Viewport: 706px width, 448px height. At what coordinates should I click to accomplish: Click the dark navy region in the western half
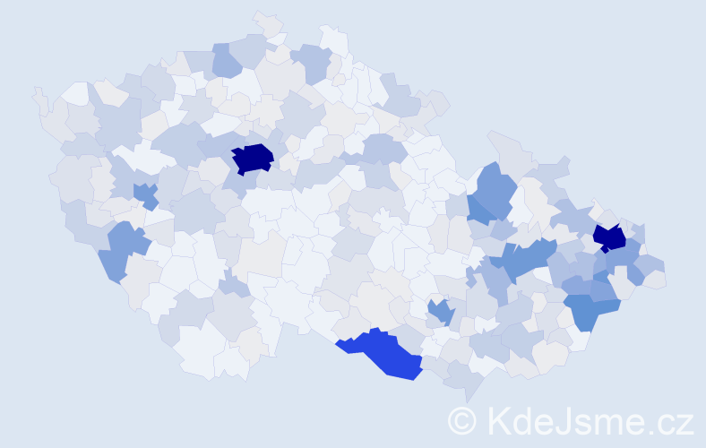click(x=253, y=158)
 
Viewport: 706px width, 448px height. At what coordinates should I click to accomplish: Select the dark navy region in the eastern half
click(x=610, y=238)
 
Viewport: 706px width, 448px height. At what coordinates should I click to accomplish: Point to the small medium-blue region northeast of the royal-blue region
click(x=439, y=312)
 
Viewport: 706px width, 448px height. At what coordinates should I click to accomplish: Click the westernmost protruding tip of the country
click(x=37, y=92)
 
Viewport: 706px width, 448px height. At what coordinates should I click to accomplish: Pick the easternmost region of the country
click(x=659, y=279)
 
